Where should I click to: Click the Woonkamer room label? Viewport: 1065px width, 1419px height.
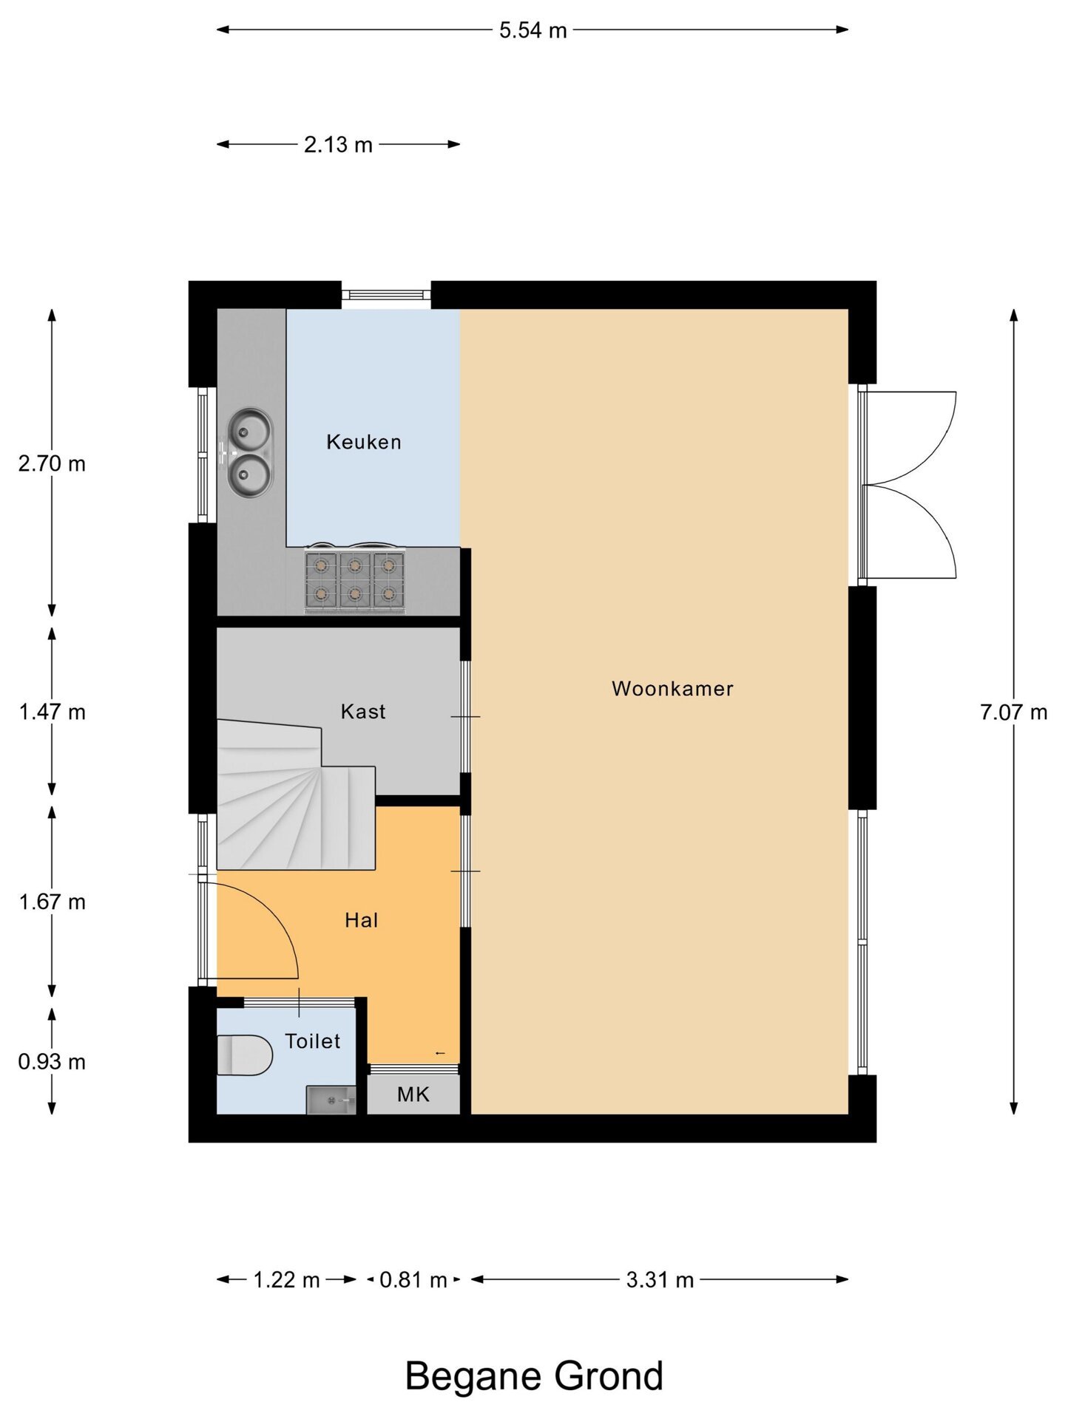[x=672, y=689]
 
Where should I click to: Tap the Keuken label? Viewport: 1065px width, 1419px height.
[x=364, y=442]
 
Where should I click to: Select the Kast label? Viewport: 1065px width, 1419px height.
[x=363, y=712]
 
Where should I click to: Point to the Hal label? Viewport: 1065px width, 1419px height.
[x=361, y=920]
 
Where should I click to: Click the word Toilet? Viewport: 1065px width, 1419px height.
[x=313, y=1041]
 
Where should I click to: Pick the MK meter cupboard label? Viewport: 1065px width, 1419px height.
[x=413, y=1095]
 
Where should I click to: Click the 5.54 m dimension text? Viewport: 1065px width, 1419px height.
[x=532, y=30]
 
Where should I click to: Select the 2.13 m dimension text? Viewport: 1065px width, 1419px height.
[x=338, y=145]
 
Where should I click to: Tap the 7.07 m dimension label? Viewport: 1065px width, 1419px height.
[x=1014, y=712]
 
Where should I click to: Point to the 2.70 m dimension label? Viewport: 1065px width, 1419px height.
[x=52, y=464]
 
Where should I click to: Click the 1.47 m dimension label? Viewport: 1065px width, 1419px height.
[x=52, y=712]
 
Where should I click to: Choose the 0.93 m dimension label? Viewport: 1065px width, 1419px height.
[x=52, y=1062]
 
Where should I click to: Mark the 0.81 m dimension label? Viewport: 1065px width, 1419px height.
[x=413, y=1280]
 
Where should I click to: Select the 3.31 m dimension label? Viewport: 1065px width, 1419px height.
[x=660, y=1280]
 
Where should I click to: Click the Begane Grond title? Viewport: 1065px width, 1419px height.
[x=534, y=1376]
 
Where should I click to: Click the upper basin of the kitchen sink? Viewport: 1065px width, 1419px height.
[x=250, y=429]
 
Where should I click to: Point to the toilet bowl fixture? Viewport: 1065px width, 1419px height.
[x=245, y=1055]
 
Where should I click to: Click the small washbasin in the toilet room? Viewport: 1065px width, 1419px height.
[x=331, y=1100]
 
